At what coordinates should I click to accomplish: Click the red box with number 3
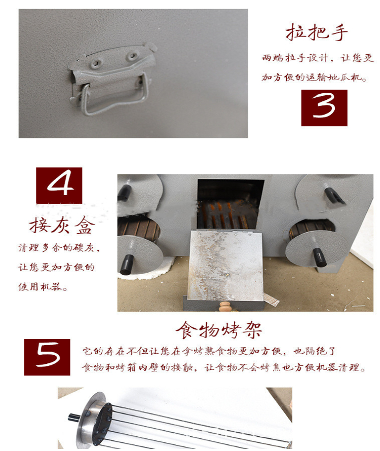pyautogui.click(x=324, y=108)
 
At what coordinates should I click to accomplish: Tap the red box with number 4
pyautogui.click(x=59, y=186)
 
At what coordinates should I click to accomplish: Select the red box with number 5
pyautogui.click(x=47, y=357)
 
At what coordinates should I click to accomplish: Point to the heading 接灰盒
pyautogui.click(x=61, y=225)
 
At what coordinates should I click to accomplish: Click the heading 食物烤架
pyautogui.click(x=218, y=330)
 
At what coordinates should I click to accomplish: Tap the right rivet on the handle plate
pyautogui.click(x=132, y=56)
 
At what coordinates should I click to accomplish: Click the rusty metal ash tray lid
pyautogui.click(x=226, y=265)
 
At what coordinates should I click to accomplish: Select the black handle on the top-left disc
pyautogui.click(x=124, y=193)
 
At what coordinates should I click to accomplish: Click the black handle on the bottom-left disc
pyautogui.click(x=127, y=265)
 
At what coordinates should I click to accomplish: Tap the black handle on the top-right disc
pyautogui.click(x=334, y=196)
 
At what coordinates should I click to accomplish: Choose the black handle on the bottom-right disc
pyautogui.click(x=320, y=257)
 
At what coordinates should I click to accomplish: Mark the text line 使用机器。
pyautogui.click(x=43, y=287)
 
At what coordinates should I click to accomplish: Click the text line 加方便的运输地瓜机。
pyautogui.click(x=314, y=78)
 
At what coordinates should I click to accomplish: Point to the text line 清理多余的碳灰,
pyautogui.click(x=59, y=247)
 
